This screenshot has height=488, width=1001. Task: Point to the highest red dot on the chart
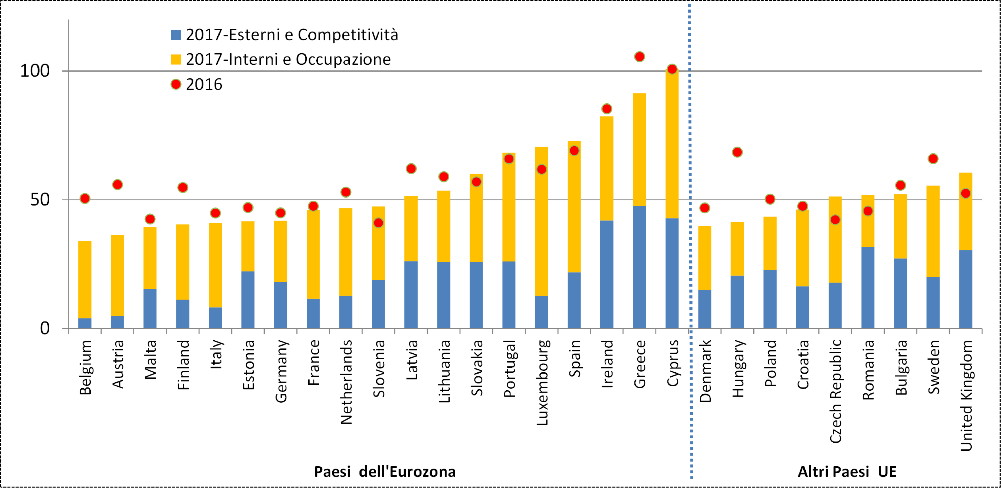[x=639, y=57]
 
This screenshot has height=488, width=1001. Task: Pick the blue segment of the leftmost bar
[x=85, y=323]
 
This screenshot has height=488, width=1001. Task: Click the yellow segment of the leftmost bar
[x=85, y=279]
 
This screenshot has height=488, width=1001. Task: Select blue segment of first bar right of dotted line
[x=705, y=309]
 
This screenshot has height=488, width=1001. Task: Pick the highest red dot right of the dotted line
[x=737, y=152]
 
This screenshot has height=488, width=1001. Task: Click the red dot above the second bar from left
[x=117, y=184]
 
